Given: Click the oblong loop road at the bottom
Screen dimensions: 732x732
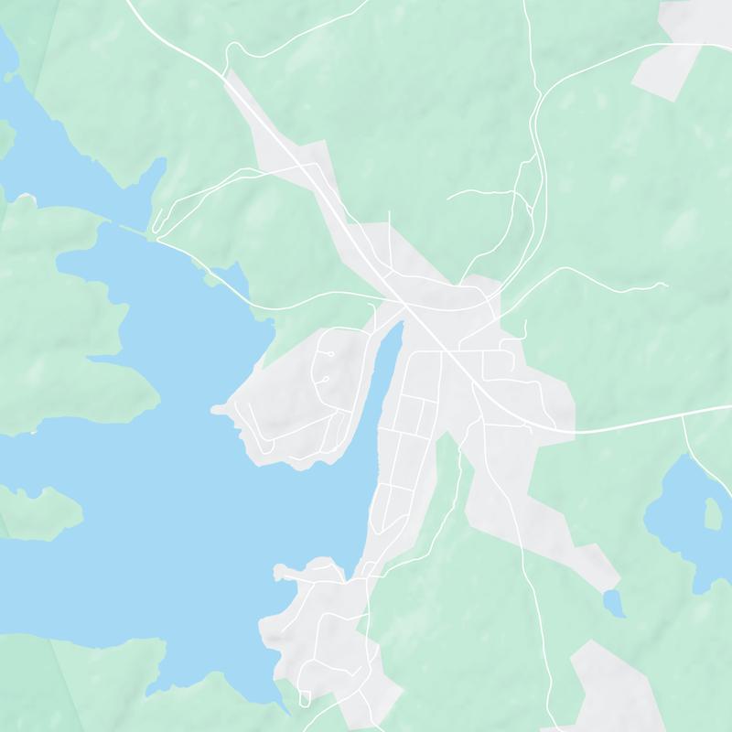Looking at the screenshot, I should tap(305, 699).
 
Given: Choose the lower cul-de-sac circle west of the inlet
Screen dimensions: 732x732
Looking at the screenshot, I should tap(324, 378).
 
